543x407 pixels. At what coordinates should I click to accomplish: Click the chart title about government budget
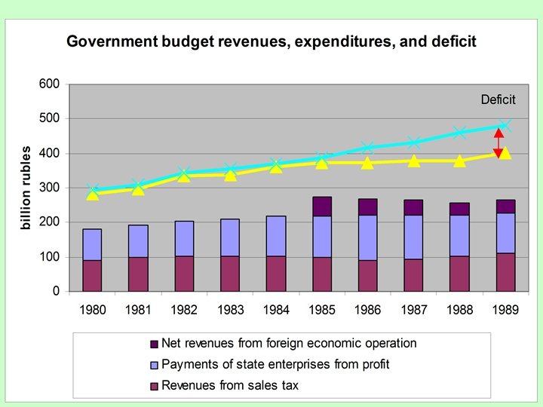tap(271, 41)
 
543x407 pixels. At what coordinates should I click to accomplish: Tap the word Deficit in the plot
tap(498, 99)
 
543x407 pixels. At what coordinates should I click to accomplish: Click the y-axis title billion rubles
tap(26, 188)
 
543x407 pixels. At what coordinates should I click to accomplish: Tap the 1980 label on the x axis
tap(92, 309)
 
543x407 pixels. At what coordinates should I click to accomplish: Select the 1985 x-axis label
tap(322, 309)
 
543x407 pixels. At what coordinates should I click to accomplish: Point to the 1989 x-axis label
tap(505, 309)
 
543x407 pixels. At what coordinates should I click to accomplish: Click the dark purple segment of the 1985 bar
tap(322, 207)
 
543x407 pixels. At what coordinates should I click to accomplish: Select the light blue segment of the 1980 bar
tap(92, 244)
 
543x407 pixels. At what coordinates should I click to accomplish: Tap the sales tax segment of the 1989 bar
tap(505, 272)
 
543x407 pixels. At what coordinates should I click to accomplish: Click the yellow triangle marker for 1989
tap(505, 153)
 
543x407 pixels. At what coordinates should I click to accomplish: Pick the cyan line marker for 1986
tap(368, 148)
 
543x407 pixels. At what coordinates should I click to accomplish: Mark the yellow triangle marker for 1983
tap(230, 175)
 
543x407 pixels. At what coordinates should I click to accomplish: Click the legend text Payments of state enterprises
tap(275, 365)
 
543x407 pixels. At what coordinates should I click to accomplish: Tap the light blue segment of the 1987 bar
tap(413, 237)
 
